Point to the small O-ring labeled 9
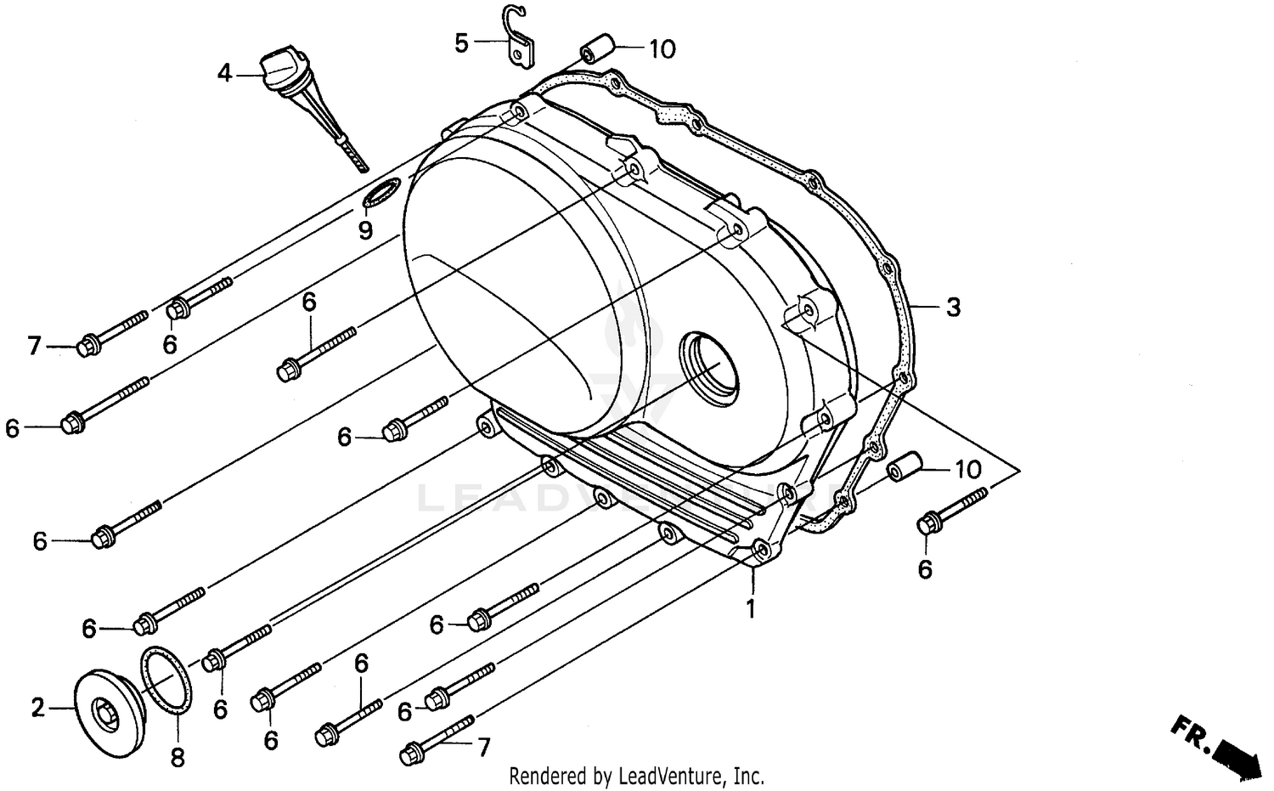380,193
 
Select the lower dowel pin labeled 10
905,469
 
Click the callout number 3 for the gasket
953,307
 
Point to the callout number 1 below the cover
750,608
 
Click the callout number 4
224,74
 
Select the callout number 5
461,42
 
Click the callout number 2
37,707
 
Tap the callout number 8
178,757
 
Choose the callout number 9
365,230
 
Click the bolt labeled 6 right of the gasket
951,510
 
